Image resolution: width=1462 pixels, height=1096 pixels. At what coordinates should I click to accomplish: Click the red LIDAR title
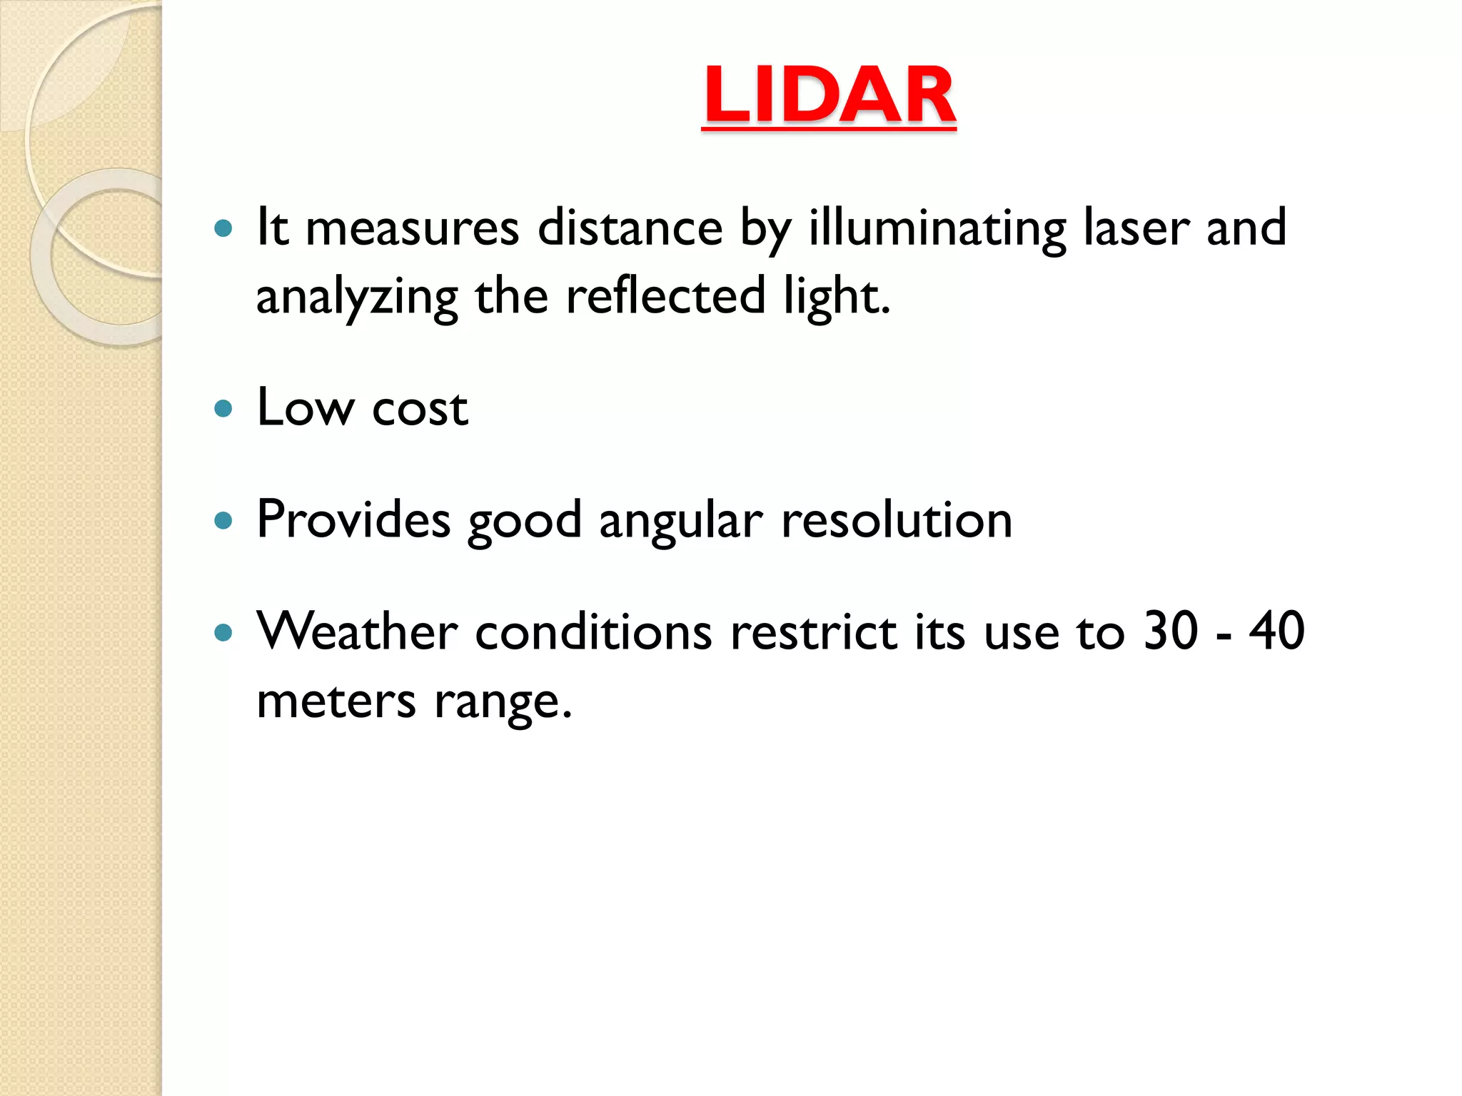[x=829, y=96]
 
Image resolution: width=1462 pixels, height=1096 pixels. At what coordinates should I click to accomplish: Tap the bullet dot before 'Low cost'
[x=223, y=409]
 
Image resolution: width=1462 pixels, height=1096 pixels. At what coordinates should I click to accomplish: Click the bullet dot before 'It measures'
[x=223, y=228]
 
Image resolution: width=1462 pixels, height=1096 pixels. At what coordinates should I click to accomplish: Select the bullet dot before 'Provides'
[x=223, y=521]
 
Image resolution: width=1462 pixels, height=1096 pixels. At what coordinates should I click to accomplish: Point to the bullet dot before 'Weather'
[x=223, y=632]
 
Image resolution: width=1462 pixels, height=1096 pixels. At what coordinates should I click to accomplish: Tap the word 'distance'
[x=630, y=228]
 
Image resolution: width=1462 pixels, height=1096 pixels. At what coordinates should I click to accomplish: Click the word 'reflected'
[x=665, y=296]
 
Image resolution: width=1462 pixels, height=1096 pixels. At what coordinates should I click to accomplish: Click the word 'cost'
[x=420, y=410]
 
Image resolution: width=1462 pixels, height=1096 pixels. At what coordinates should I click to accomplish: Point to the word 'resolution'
[x=897, y=519]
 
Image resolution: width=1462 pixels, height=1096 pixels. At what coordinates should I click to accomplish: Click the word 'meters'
[x=336, y=701]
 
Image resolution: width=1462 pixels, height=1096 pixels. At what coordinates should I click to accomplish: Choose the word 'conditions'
[x=593, y=632]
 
